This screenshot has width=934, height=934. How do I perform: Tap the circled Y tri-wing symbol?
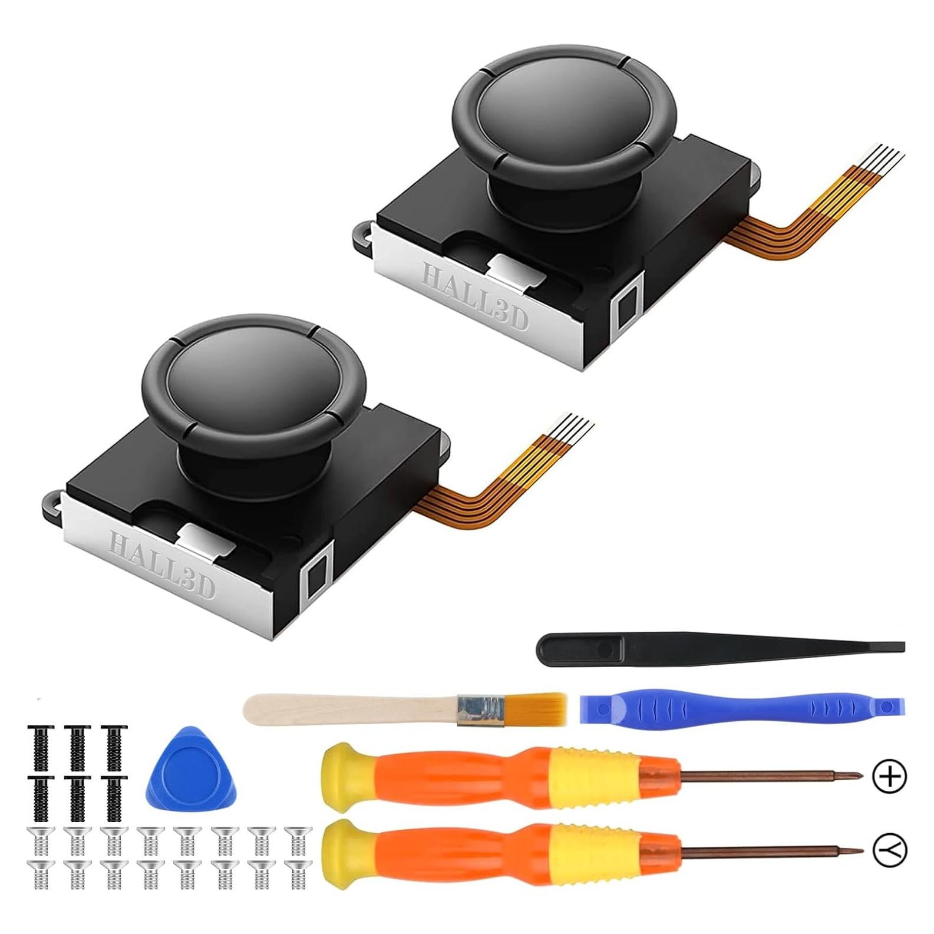tap(890, 850)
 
